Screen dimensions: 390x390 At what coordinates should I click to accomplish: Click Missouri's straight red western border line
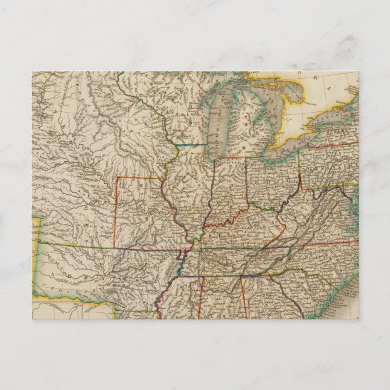116,212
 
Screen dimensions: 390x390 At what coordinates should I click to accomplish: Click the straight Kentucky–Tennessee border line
242,250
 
